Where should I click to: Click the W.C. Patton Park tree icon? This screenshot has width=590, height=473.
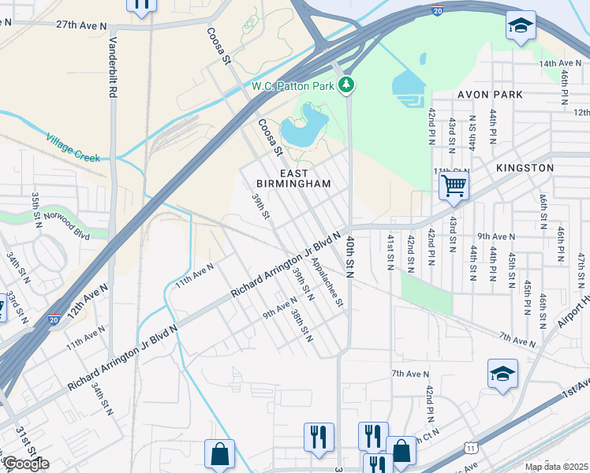click(345, 84)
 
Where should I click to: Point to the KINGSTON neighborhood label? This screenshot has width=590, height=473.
click(525, 168)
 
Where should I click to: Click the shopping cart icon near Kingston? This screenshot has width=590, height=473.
click(454, 186)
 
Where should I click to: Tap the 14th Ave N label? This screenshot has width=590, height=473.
click(559, 63)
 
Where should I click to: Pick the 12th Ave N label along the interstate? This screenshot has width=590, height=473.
click(86, 303)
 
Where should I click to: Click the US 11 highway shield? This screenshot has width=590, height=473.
click(472, 447)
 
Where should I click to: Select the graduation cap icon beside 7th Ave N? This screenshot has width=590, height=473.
click(502, 374)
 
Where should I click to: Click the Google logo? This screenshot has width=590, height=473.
click(25, 464)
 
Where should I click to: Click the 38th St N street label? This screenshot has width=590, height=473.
click(301, 326)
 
